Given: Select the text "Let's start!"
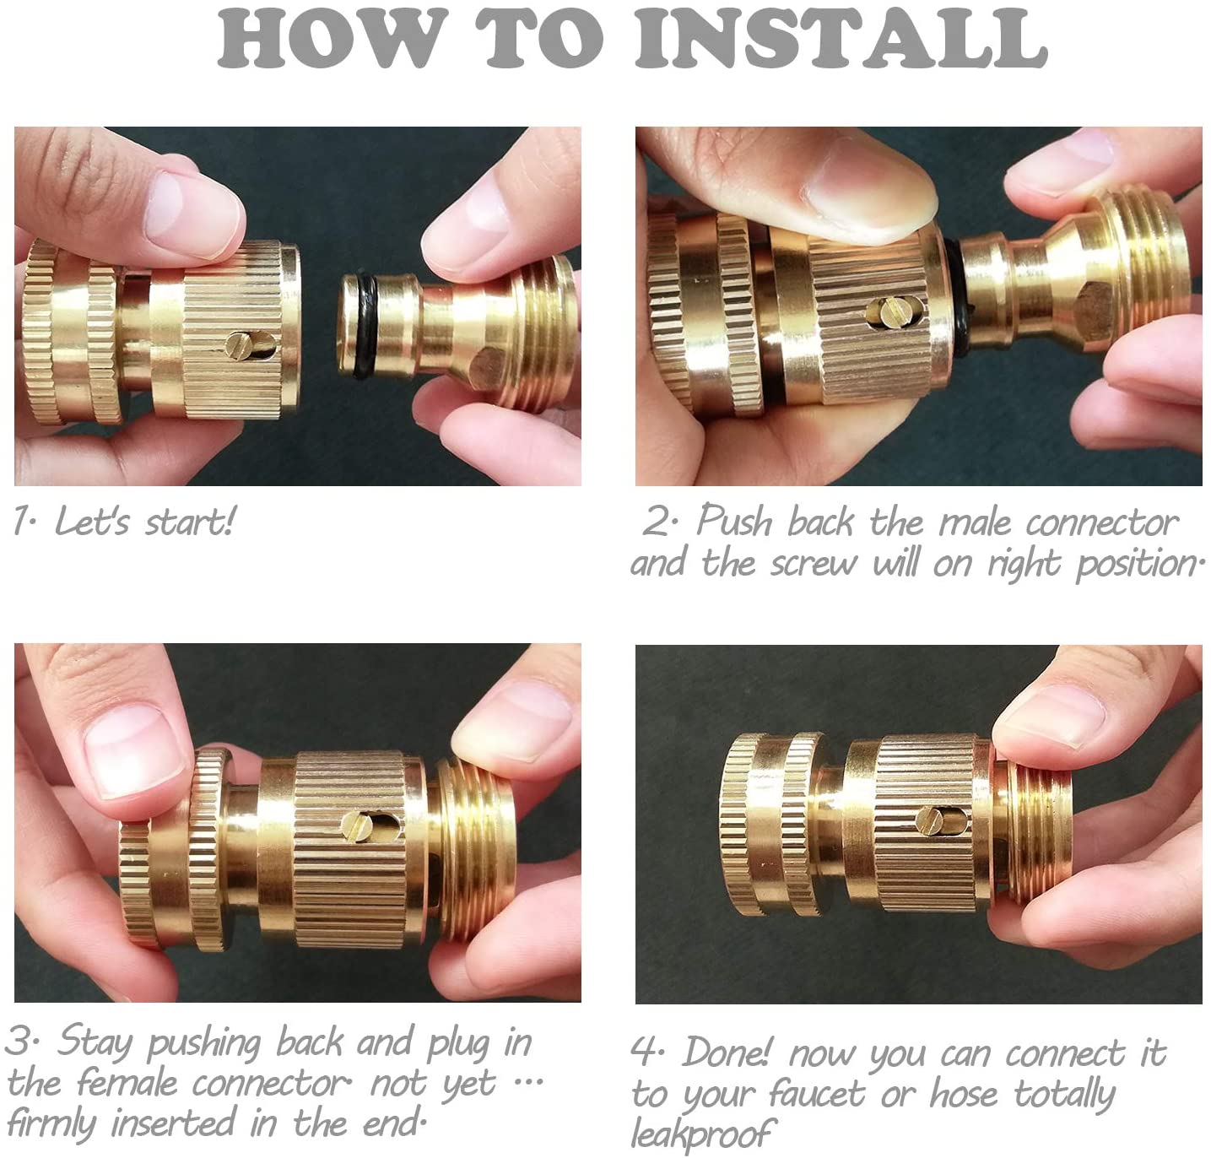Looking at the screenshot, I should pyautogui.click(x=144, y=522).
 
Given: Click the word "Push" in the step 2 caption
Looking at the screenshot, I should pyautogui.click(x=733, y=522).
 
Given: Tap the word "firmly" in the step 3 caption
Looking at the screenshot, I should pyautogui.click(x=54, y=1123).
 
